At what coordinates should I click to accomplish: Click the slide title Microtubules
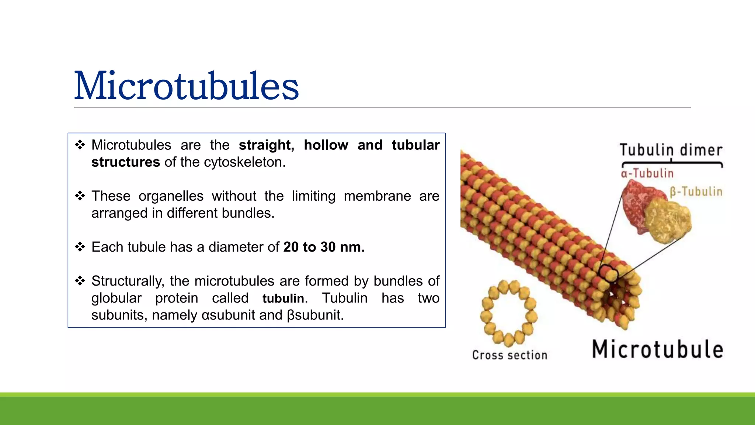pyautogui.click(x=186, y=86)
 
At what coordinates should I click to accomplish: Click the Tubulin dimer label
pyautogui.click(x=671, y=150)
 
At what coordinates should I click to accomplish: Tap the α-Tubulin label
pyautogui.click(x=647, y=173)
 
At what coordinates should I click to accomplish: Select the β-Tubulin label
pyautogui.click(x=696, y=191)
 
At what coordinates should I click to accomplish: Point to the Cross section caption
pyautogui.click(x=509, y=355)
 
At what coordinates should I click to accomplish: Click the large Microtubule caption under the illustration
pyautogui.click(x=657, y=349)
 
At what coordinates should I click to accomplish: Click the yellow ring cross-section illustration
pyautogui.click(x=508, y=313)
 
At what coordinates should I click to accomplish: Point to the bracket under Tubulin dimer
pyautogui.click(x=672, y=163)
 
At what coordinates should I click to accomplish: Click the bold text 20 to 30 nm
pyautogui.click(x=324, y=247)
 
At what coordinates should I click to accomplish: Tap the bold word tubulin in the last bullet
pyautogui.click(x=283, y=298)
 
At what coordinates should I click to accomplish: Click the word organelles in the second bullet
pyautogui.click(x=171, y=196)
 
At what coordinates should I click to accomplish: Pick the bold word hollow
pyautogui.click(x=326, y=145)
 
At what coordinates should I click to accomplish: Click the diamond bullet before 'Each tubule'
pyautogui.click(x=80, y=246)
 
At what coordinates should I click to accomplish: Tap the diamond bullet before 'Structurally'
pyautogui.click(x=80, y=281)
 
